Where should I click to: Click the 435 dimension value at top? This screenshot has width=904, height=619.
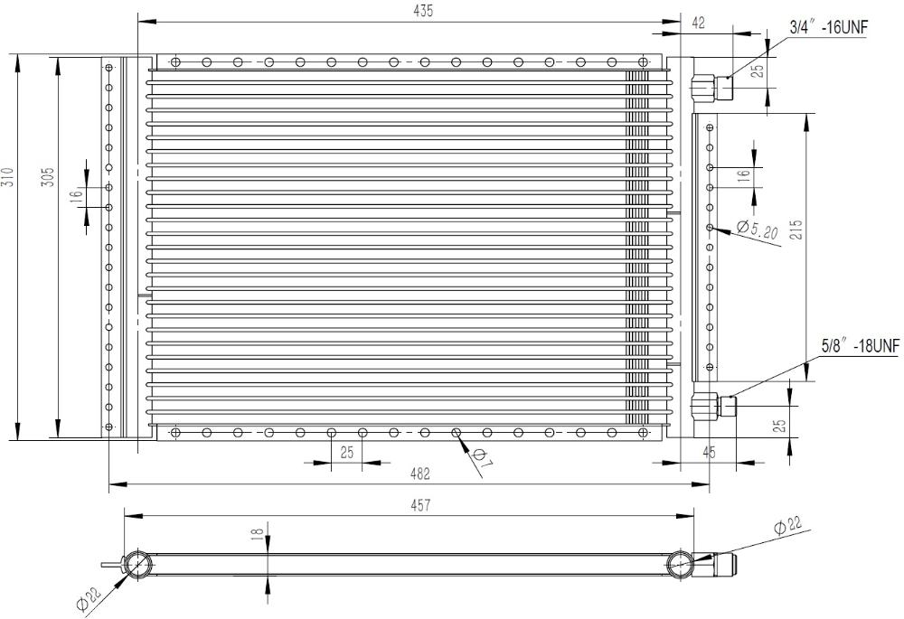pyautogui.click(x=423, y=11)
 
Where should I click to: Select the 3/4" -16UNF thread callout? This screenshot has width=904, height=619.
pyautogui.click(x=828, y=27)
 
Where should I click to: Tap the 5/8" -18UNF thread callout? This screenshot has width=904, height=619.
pyautogui.click(x=861, y=346)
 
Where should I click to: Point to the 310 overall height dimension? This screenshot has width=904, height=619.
pyautogui.click(x=7, y=176)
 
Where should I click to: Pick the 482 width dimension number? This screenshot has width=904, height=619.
pyautogui.click(x=419, y=474)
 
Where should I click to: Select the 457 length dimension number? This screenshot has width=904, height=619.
pyautogui.click(x=421, y=505)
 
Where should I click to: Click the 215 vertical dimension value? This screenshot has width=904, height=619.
pyautogui.click(x=796, y=230)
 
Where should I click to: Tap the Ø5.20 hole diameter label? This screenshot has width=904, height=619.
pyautogui.click(x=758, y=230)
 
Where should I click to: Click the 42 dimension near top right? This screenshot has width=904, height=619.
pyautogui.click(x=698, y=23)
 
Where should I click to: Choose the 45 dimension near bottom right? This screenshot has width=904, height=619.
pyautogui.click(x=709, y=453)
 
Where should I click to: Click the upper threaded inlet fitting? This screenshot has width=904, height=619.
pyautogui.click(x=711, y=88)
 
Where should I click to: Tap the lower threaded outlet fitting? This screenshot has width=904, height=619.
pyautogui.click(x=715, y=406)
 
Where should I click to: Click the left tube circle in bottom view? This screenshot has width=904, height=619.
pyautogui.click(x=137, y=564)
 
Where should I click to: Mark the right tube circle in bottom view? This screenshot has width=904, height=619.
pyautogui.click(x=681, y=564)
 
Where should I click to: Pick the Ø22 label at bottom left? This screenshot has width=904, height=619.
pyautogui.click(x=89, y=597)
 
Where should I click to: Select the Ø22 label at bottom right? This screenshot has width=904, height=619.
pyautogui.click(x=787, y=525)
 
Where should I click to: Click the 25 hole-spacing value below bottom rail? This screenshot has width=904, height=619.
pyautogui.click(x=346, y=453)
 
